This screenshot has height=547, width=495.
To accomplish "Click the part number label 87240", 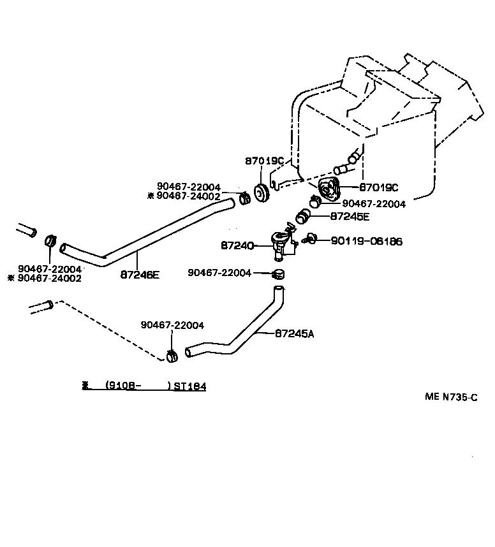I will coord(237,244).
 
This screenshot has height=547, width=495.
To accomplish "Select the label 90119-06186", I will coord(366,242).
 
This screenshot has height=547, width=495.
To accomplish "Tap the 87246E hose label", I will coord(140,275).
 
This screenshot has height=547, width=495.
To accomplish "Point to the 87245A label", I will coord(295,333).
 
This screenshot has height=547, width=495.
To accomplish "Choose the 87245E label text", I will coord(350,216).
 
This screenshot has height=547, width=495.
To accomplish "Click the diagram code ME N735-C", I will coord(451,397).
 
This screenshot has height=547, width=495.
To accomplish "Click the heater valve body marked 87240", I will coord(281,245).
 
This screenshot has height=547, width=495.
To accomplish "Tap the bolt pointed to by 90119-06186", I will coord(311,240).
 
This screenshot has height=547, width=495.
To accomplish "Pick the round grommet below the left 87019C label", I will coord(261,193).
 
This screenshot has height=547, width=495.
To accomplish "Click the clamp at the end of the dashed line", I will coord(171,356).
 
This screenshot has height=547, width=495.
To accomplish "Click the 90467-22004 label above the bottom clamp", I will coord(172,325).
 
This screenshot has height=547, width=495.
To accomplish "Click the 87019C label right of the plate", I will coord(378,187).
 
